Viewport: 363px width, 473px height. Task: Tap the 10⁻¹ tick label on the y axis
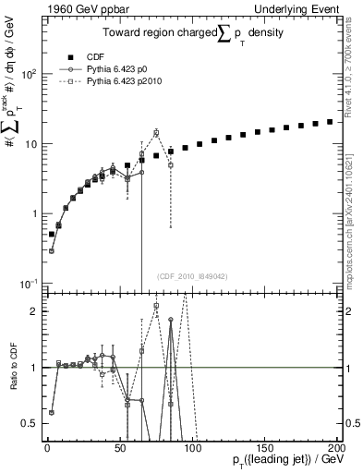(x=28, y=283)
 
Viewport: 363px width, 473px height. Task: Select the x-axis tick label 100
(x=192, y=447)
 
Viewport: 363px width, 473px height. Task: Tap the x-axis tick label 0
(x=46, y=447)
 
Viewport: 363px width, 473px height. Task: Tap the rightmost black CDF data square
(x=330, y=121)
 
